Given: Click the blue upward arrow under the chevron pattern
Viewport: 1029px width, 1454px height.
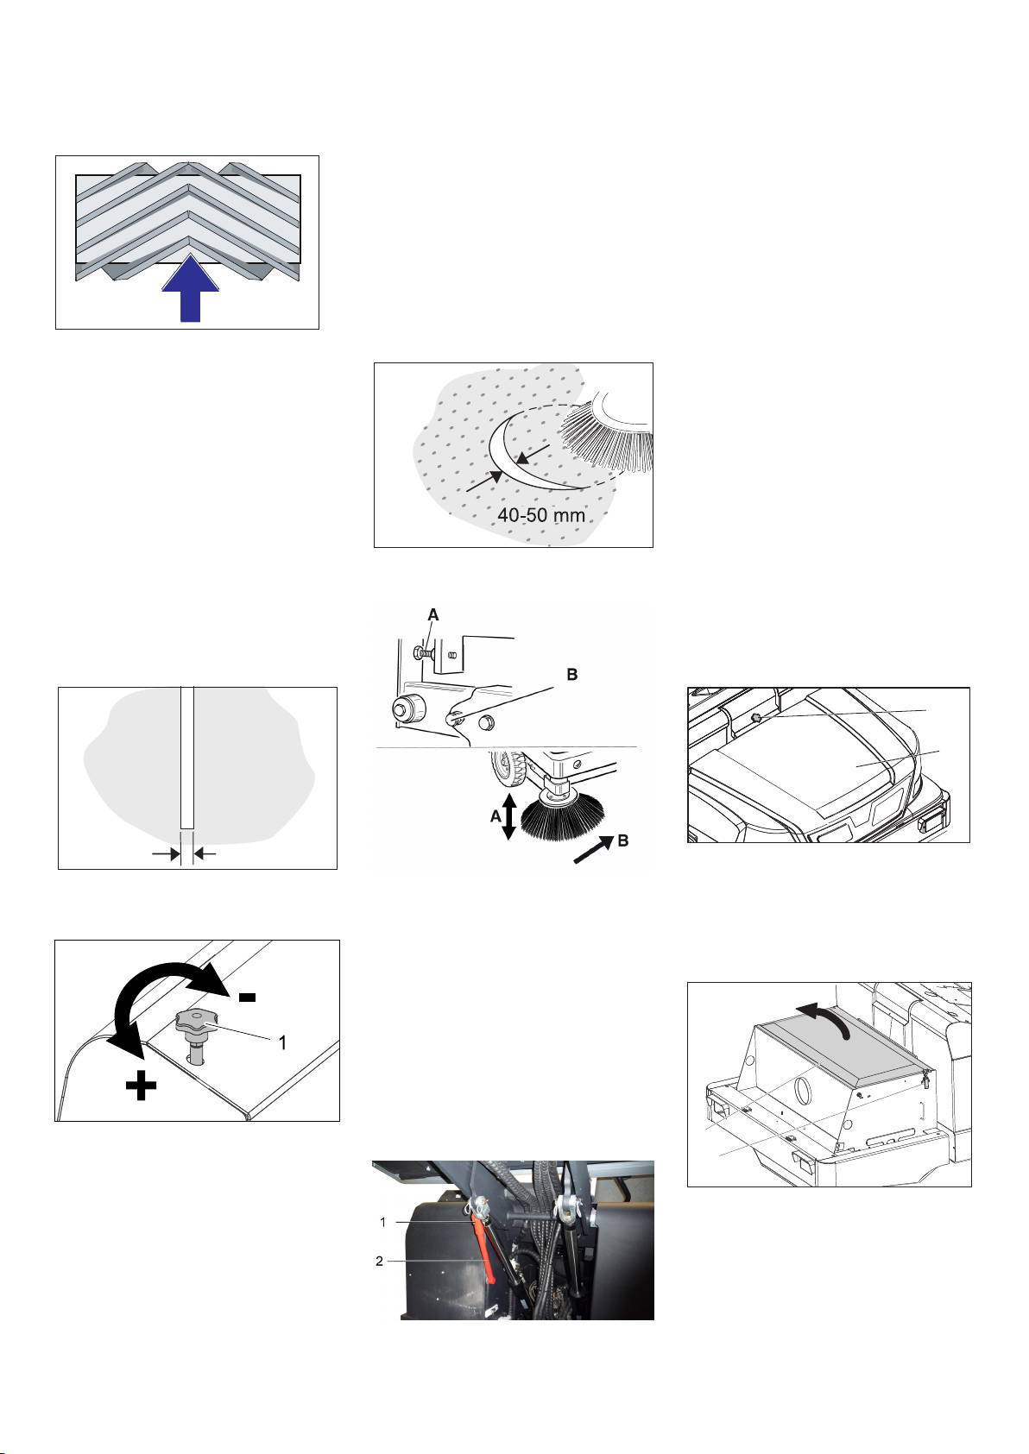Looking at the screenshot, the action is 190,288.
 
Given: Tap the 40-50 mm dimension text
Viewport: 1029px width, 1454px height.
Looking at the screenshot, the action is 540,515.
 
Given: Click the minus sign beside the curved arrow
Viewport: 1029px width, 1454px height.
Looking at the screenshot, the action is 247,997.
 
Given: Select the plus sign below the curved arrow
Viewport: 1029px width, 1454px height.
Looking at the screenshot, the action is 142,1086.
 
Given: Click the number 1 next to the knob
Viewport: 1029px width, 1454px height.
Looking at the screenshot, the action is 282,1042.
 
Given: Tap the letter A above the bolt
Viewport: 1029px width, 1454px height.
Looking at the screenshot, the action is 433,614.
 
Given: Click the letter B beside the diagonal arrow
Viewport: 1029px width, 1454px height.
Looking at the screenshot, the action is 622,840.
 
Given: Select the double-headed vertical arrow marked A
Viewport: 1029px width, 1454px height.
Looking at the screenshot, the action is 509,816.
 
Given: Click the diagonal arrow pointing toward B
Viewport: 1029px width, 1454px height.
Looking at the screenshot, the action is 593,850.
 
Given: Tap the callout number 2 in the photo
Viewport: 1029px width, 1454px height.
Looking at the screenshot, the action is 379,1262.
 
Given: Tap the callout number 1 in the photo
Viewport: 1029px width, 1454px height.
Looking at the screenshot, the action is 383,1222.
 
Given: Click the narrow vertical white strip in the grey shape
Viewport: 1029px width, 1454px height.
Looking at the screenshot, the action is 187,758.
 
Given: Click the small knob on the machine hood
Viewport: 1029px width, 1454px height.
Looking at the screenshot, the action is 756,719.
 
